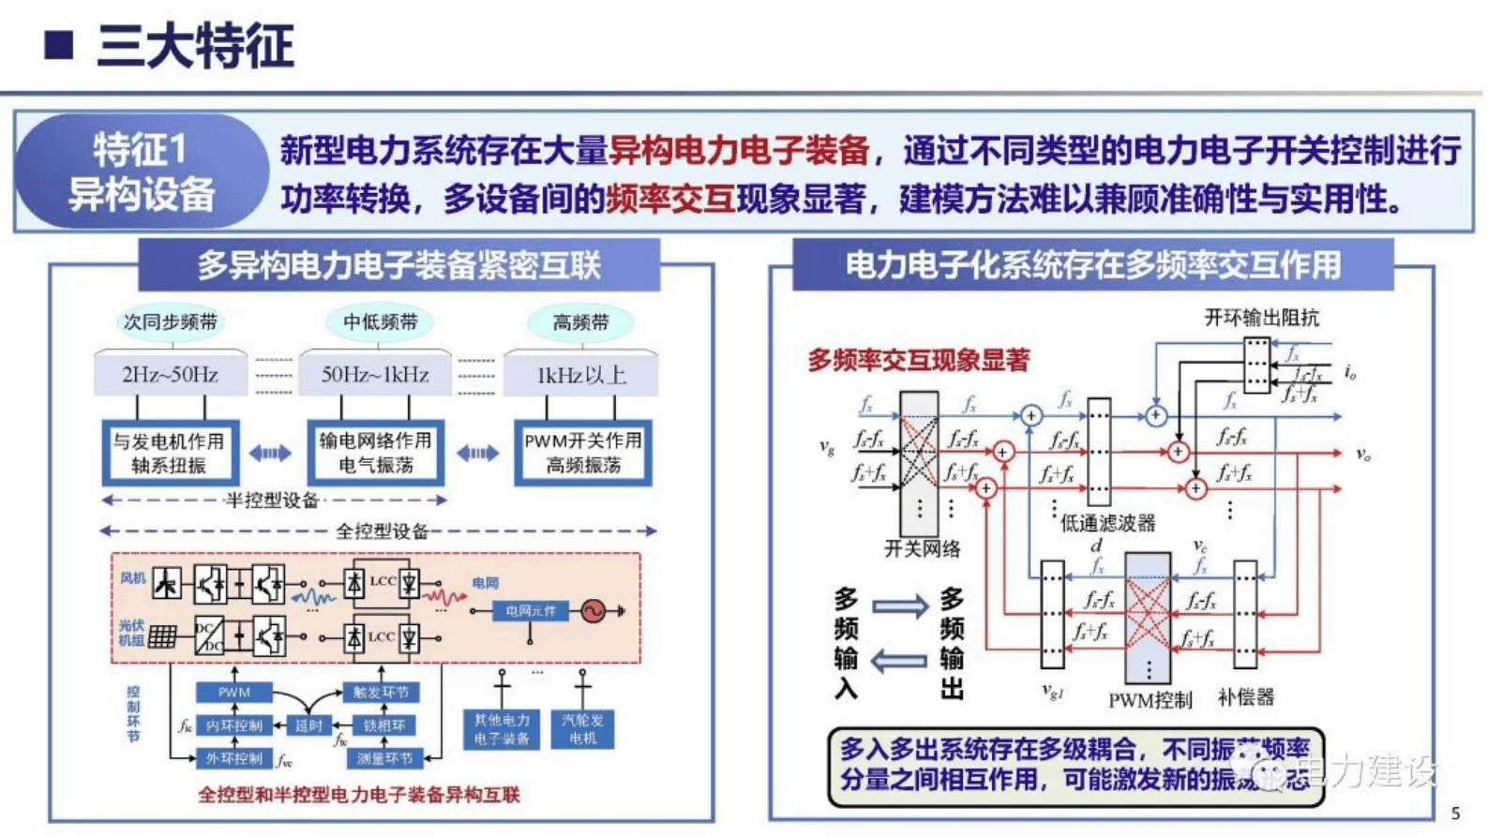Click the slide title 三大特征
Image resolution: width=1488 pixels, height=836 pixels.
point(194,45)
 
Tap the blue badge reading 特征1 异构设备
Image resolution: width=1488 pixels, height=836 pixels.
point(141,172)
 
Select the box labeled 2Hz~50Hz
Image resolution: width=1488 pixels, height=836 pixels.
point(170,375)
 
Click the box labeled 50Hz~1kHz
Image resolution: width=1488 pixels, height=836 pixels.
point(375,375)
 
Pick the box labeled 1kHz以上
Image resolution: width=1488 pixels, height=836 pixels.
point(581,375)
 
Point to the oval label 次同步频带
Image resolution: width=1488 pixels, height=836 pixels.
point(170,321)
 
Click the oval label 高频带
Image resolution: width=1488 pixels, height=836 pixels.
point(580,322)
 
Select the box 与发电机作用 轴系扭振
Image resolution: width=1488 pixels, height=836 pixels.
point(169,453)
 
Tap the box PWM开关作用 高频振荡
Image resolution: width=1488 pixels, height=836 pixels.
point(582,453)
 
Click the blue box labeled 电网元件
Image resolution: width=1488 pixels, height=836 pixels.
point(531,611)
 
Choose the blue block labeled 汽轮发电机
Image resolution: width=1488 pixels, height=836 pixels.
point(582,728)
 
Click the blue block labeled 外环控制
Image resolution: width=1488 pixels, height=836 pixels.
point(233,758)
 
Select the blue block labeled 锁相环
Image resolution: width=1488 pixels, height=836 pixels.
point(384,725)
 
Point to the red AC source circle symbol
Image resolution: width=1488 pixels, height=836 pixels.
point(593,611)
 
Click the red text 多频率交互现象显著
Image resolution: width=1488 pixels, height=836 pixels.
point(918,360)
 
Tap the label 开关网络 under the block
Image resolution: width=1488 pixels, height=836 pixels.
point(922,548)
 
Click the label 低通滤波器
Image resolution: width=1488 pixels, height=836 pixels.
point(1107,523)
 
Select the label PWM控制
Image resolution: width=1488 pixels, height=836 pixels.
point(1150,699)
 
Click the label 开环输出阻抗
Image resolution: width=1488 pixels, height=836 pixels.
point(1261,318)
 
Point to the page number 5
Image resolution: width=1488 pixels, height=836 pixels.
point(1455,813)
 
